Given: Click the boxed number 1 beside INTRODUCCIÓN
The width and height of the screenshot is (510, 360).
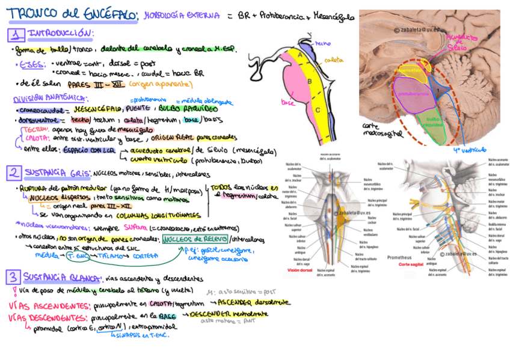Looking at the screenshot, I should [x=16, y=35].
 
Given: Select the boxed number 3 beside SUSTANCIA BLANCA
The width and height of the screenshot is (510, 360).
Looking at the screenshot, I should [x=13, y=277].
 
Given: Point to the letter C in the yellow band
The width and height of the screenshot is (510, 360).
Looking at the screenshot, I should [x=317, y=110].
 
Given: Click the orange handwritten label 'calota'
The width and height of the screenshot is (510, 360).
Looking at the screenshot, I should [x=333, y=60].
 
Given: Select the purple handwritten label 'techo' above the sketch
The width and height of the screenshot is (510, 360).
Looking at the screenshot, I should [x=323, y=43].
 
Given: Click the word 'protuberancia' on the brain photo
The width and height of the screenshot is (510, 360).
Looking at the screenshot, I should [x=413, y=94].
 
